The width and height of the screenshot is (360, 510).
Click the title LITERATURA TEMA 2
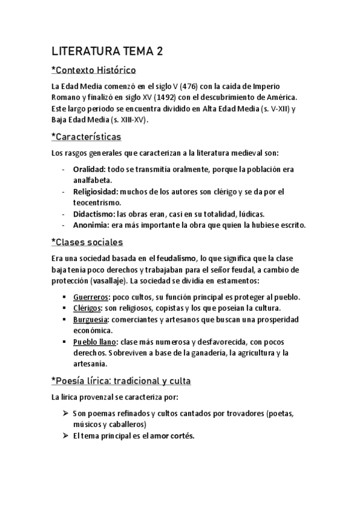pos(107,52)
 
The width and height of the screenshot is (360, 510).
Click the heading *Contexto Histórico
pos(94,70)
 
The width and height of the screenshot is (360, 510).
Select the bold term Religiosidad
pos(95,192)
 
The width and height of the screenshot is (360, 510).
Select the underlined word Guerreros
pos(91,298)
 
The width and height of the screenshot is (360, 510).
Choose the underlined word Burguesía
pos(91,319)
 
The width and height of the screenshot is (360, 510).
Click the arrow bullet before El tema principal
pos(66,436)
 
